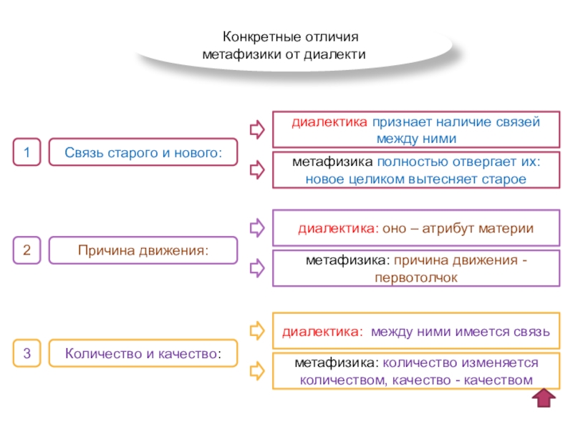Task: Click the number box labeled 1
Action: coord(27,152)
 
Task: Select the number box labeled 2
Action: coord(27,251)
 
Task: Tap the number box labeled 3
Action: coord(27,352)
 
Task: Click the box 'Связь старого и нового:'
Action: coord(143,152)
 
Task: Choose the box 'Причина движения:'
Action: coord(143,251)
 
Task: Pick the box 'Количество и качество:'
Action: coord(143,352)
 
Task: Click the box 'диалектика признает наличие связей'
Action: coord(415,129)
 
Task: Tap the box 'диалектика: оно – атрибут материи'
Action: coord(415,228)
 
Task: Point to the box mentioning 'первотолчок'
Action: coord(415,269)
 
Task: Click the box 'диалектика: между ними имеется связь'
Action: coord(415,332)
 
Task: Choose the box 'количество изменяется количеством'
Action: coord(415,371)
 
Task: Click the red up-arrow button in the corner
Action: coord(545,400)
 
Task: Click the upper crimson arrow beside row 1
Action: coord(256,129)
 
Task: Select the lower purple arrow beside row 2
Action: coord(256,270)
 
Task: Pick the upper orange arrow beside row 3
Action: coord(256,331)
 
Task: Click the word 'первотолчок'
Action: coord(415,277)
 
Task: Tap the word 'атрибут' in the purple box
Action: coord(456,229)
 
